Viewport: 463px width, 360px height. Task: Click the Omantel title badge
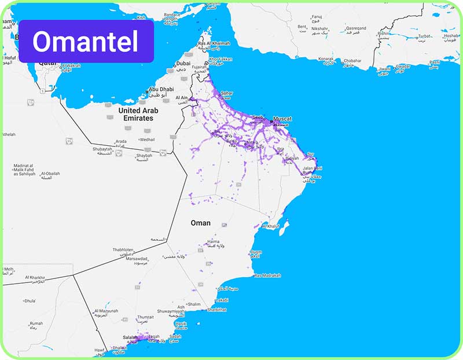86,41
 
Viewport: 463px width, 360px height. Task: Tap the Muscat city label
282,119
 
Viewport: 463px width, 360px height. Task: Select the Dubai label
183,64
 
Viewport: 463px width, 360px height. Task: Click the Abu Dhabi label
161,90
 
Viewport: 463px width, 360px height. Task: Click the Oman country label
201,223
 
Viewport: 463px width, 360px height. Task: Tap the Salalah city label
131,337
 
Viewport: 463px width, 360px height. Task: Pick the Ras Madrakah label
267,275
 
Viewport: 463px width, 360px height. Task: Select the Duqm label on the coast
256,252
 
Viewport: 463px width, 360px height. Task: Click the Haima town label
214,241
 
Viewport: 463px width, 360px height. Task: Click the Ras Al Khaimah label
214,43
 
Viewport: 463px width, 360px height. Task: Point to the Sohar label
227,93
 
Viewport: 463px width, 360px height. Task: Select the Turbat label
425,35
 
